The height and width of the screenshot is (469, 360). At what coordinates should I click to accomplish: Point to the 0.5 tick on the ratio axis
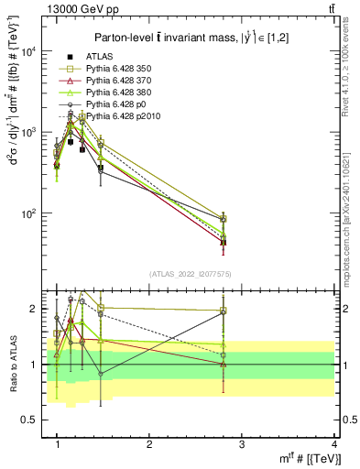[x=35, y=420]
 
